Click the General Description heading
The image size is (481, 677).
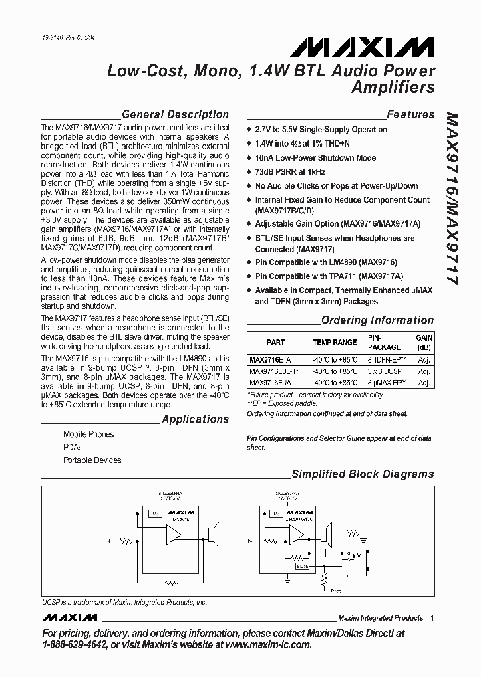[175, 114]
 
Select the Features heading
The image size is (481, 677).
[410, 114]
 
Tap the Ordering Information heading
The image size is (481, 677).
[377, 320]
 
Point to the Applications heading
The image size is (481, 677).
[195, 419]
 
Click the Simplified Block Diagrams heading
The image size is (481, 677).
[363, 474]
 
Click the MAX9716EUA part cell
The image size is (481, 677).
[271, 382]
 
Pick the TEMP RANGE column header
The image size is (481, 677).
[335, 342]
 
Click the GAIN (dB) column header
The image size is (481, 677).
[424, 343]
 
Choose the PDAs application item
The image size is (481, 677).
[73, 447]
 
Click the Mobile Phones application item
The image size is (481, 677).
[88, 434]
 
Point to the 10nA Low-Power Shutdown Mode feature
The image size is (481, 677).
[315, 158]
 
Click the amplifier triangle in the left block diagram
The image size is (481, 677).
[176, 535]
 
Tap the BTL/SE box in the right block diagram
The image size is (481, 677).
[301, 566]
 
